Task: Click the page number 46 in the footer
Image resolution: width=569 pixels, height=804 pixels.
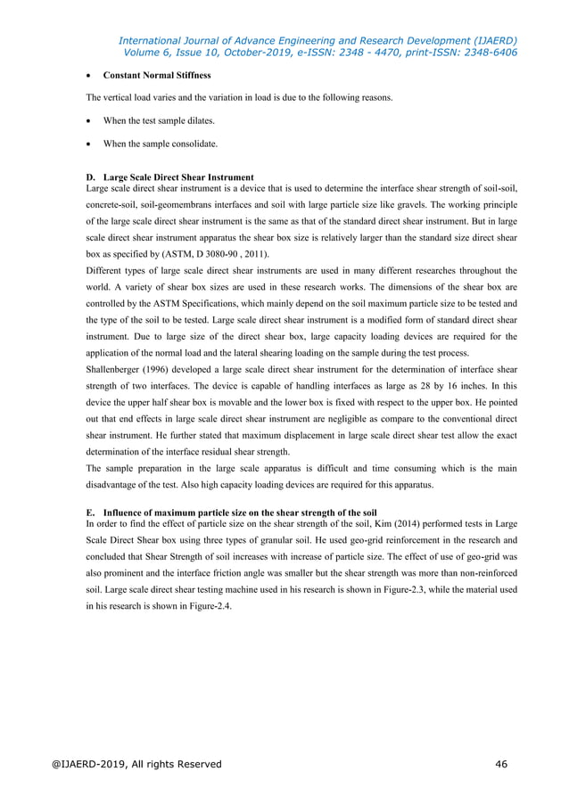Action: (x=503, y=764)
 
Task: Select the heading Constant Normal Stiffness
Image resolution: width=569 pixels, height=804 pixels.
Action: (x=157, y=76)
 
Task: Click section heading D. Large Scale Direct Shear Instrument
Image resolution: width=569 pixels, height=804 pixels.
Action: (x=169, y=176)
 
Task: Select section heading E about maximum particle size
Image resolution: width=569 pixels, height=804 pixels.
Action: (x=231, y=513)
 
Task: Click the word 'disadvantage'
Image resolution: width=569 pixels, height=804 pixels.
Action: (x=123, y=485)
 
